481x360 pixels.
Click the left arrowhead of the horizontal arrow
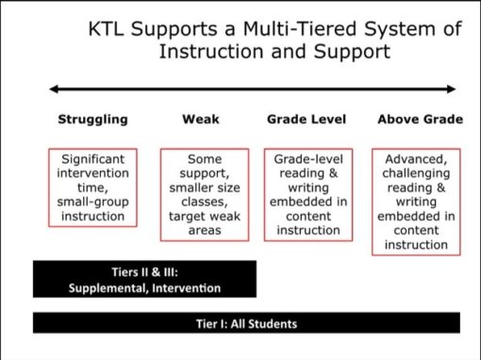click(x=56, y=90)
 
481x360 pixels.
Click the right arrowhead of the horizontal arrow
click(x=450, y=90)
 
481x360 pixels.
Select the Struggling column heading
click(x=92, y=120)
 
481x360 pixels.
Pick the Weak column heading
click(x=200, y=120)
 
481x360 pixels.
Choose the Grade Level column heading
click(x=307, y=120)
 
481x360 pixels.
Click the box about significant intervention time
click(x=93, y=188)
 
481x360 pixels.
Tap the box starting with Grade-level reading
click(x=307, y=194)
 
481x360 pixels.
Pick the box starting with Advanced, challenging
click(x=416, y=201)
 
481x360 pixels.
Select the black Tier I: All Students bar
click(x=240, y=323)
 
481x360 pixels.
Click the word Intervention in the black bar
click(x=189, y=287)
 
